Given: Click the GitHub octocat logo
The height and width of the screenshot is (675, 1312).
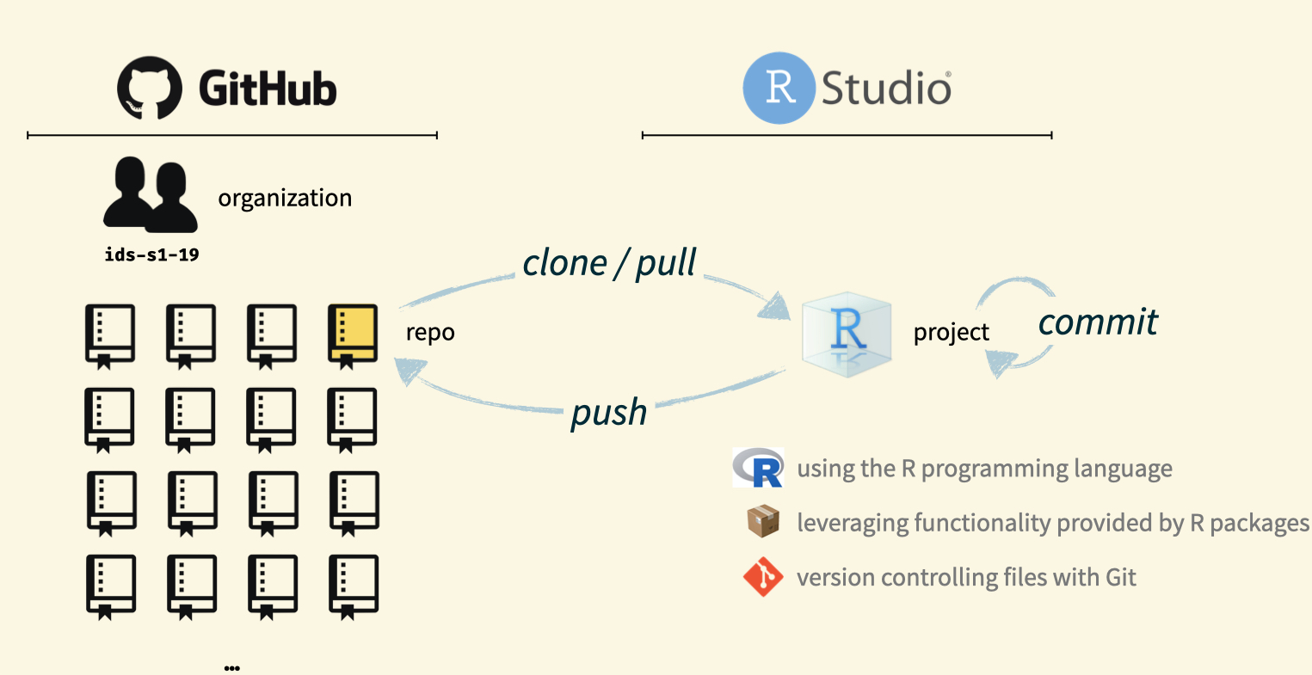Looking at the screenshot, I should point(150,88).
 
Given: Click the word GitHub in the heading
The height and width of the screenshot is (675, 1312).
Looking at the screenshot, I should point(268,89).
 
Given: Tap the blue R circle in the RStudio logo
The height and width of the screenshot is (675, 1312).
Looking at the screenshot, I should point(779,88).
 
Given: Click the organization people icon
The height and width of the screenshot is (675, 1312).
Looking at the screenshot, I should point(150,194).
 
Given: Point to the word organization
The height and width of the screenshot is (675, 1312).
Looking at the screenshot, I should point(285,198).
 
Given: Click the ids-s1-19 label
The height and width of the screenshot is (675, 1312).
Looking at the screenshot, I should point(151,255).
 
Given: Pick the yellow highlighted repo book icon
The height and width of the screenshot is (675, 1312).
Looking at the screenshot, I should point(353,334).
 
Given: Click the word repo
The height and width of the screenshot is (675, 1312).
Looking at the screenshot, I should point(430,333).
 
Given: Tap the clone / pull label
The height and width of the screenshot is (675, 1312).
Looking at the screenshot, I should point(609,262).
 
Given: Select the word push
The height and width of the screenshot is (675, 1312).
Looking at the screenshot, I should point(609,412).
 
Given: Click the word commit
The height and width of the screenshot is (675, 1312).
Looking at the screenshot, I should point(1098,322).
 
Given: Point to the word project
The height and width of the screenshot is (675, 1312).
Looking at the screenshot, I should point(952,333).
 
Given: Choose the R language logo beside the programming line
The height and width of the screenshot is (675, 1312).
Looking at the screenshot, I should point(758,468).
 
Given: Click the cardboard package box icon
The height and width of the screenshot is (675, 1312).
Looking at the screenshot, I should point(763,522).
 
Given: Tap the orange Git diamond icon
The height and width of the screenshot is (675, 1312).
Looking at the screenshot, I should point(763,577).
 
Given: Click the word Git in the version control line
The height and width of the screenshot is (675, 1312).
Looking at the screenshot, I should point(1120,577).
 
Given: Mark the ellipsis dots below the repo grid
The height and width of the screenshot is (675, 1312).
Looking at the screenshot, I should point(231,667).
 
